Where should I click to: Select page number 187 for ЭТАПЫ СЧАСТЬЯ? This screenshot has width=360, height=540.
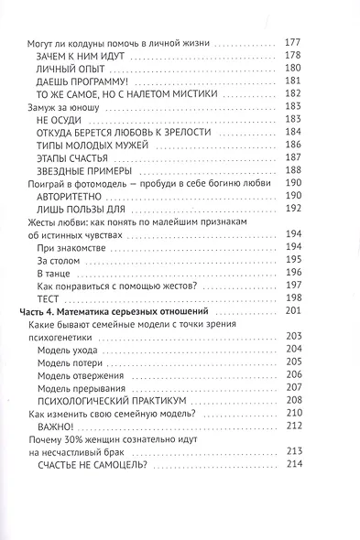327,158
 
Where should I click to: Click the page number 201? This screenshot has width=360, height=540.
327,312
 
